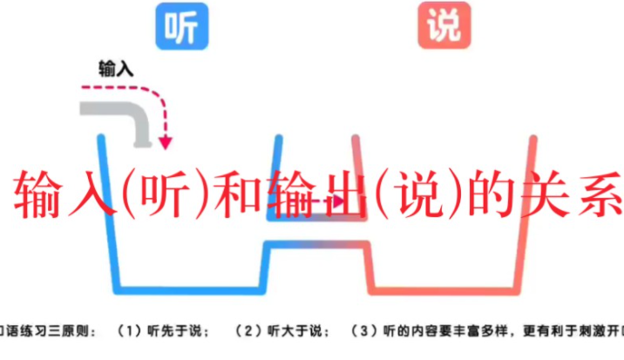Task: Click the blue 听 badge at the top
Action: coord(179,26)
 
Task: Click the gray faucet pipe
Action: coord(118,113)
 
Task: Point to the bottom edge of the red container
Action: coord(444,289)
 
